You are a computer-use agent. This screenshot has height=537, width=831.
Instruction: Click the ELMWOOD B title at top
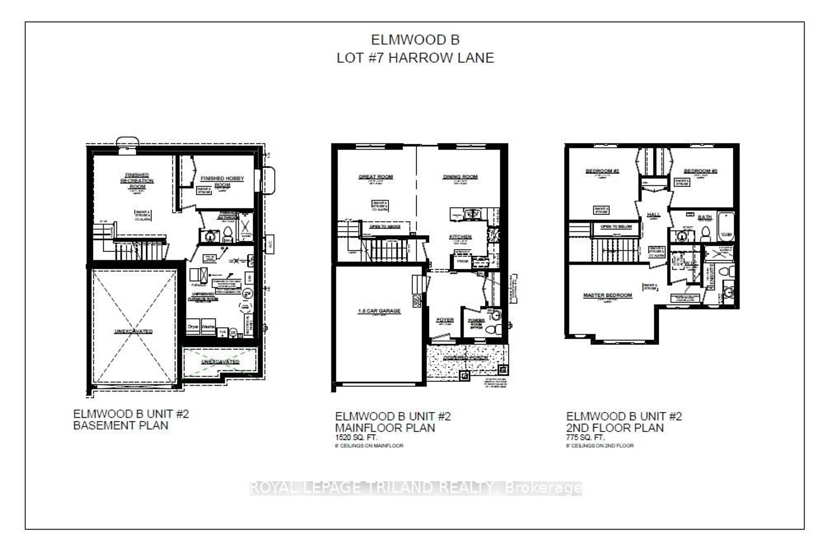[415, 40]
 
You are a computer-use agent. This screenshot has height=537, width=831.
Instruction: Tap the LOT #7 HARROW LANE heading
[415, 58]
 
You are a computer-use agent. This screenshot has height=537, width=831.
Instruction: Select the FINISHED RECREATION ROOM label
[137, 181]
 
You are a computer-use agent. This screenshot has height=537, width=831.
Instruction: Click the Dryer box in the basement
[193, 327]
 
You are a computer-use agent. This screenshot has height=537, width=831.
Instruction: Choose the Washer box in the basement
[208, 327]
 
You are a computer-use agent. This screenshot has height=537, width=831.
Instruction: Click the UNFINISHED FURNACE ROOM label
[203, 296]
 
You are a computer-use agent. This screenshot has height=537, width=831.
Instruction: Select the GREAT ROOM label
[376, 177]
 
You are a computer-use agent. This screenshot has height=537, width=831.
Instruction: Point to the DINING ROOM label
[460, 177]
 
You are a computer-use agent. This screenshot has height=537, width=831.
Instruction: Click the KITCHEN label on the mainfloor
[460, 237]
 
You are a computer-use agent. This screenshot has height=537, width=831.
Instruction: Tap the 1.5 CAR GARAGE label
[379, 311]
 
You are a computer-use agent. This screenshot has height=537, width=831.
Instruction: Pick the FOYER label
[445, 320]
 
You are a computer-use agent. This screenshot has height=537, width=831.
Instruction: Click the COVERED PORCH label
[466, 358]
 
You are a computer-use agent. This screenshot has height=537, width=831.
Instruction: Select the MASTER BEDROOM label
[607, 295]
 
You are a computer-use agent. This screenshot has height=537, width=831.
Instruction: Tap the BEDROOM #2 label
[602, 171]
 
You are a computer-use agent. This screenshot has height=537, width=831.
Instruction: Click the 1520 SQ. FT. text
[356, 437]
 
